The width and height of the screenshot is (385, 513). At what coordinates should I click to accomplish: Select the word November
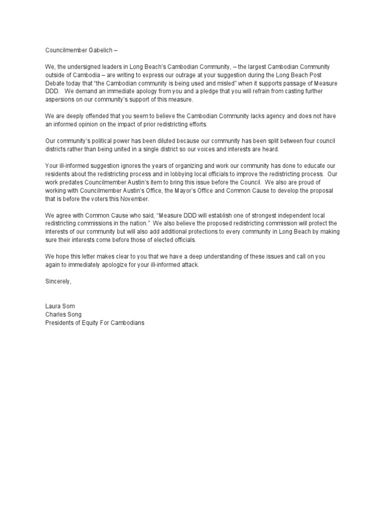pos(135,199)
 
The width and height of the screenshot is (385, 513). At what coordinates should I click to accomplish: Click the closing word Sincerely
pos(55,281)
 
